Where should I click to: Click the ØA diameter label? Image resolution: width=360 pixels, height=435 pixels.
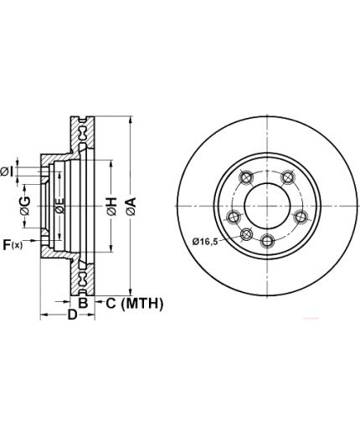pos(131,207)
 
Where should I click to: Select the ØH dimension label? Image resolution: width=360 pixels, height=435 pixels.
pos(111,207)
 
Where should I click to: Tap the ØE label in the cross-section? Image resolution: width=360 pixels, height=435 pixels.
pos(59,206)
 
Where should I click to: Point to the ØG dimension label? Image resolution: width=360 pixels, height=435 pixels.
pos(25,206)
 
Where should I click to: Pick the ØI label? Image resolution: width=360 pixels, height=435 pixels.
pos(7,171)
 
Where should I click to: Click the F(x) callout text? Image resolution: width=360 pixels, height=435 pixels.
pos(13,245)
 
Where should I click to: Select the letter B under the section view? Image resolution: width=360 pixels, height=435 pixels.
pos(83,303)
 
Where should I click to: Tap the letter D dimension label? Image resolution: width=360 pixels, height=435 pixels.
pos(73,315)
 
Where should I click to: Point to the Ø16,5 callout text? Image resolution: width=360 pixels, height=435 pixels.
pos(205,241)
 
